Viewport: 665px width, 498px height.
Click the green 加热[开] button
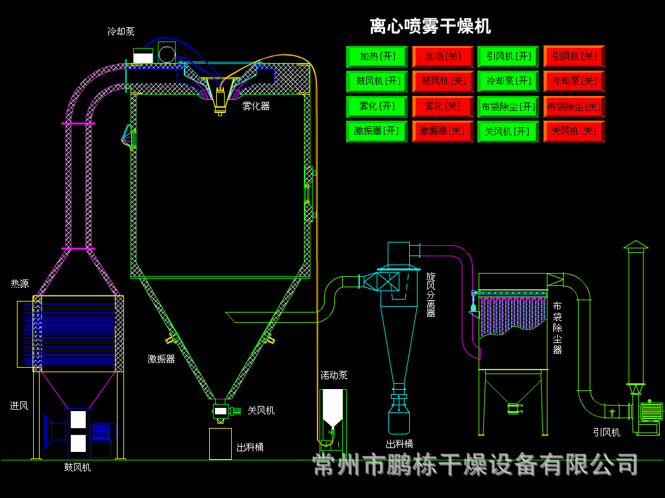pyautogui.click(x=377, y=56)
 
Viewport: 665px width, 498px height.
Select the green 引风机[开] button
pyautogui.click(x=508, y=56)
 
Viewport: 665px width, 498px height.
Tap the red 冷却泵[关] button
pyautogui.click(x=573, y=81)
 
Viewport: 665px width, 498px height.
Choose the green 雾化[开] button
pyautogui.click(x=377, y=106)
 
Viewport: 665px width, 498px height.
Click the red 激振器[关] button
pyautogui.click(x=442, y=131)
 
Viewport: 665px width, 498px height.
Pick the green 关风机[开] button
pyautogui.click(x=508, y=131)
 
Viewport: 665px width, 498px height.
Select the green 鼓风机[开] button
pyautogui.click(x=377, y=81)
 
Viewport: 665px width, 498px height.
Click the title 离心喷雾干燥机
pyautogui.click(x=430, y=27)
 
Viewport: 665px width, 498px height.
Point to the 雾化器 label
pyautogui.click(x=256, y=106)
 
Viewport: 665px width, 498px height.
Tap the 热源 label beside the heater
pyautogui.click(x=19, y=283)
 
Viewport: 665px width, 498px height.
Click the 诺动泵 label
pyautogui.click(x=334, y=375)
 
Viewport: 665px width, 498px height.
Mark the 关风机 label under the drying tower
pyautogui.click(x=260, y=410)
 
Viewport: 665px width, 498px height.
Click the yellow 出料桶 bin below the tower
pyautogui.click(x=220, y=444)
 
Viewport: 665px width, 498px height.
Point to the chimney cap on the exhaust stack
pyautogui.click(x=636, y=244)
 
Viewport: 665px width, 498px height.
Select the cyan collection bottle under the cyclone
pyautogui.click(x=399, y=421)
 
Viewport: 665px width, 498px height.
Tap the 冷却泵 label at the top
pyautogui.click(x=121, y=31)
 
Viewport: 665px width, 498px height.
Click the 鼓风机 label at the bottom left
pyautogui.click(x=77, y=466)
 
